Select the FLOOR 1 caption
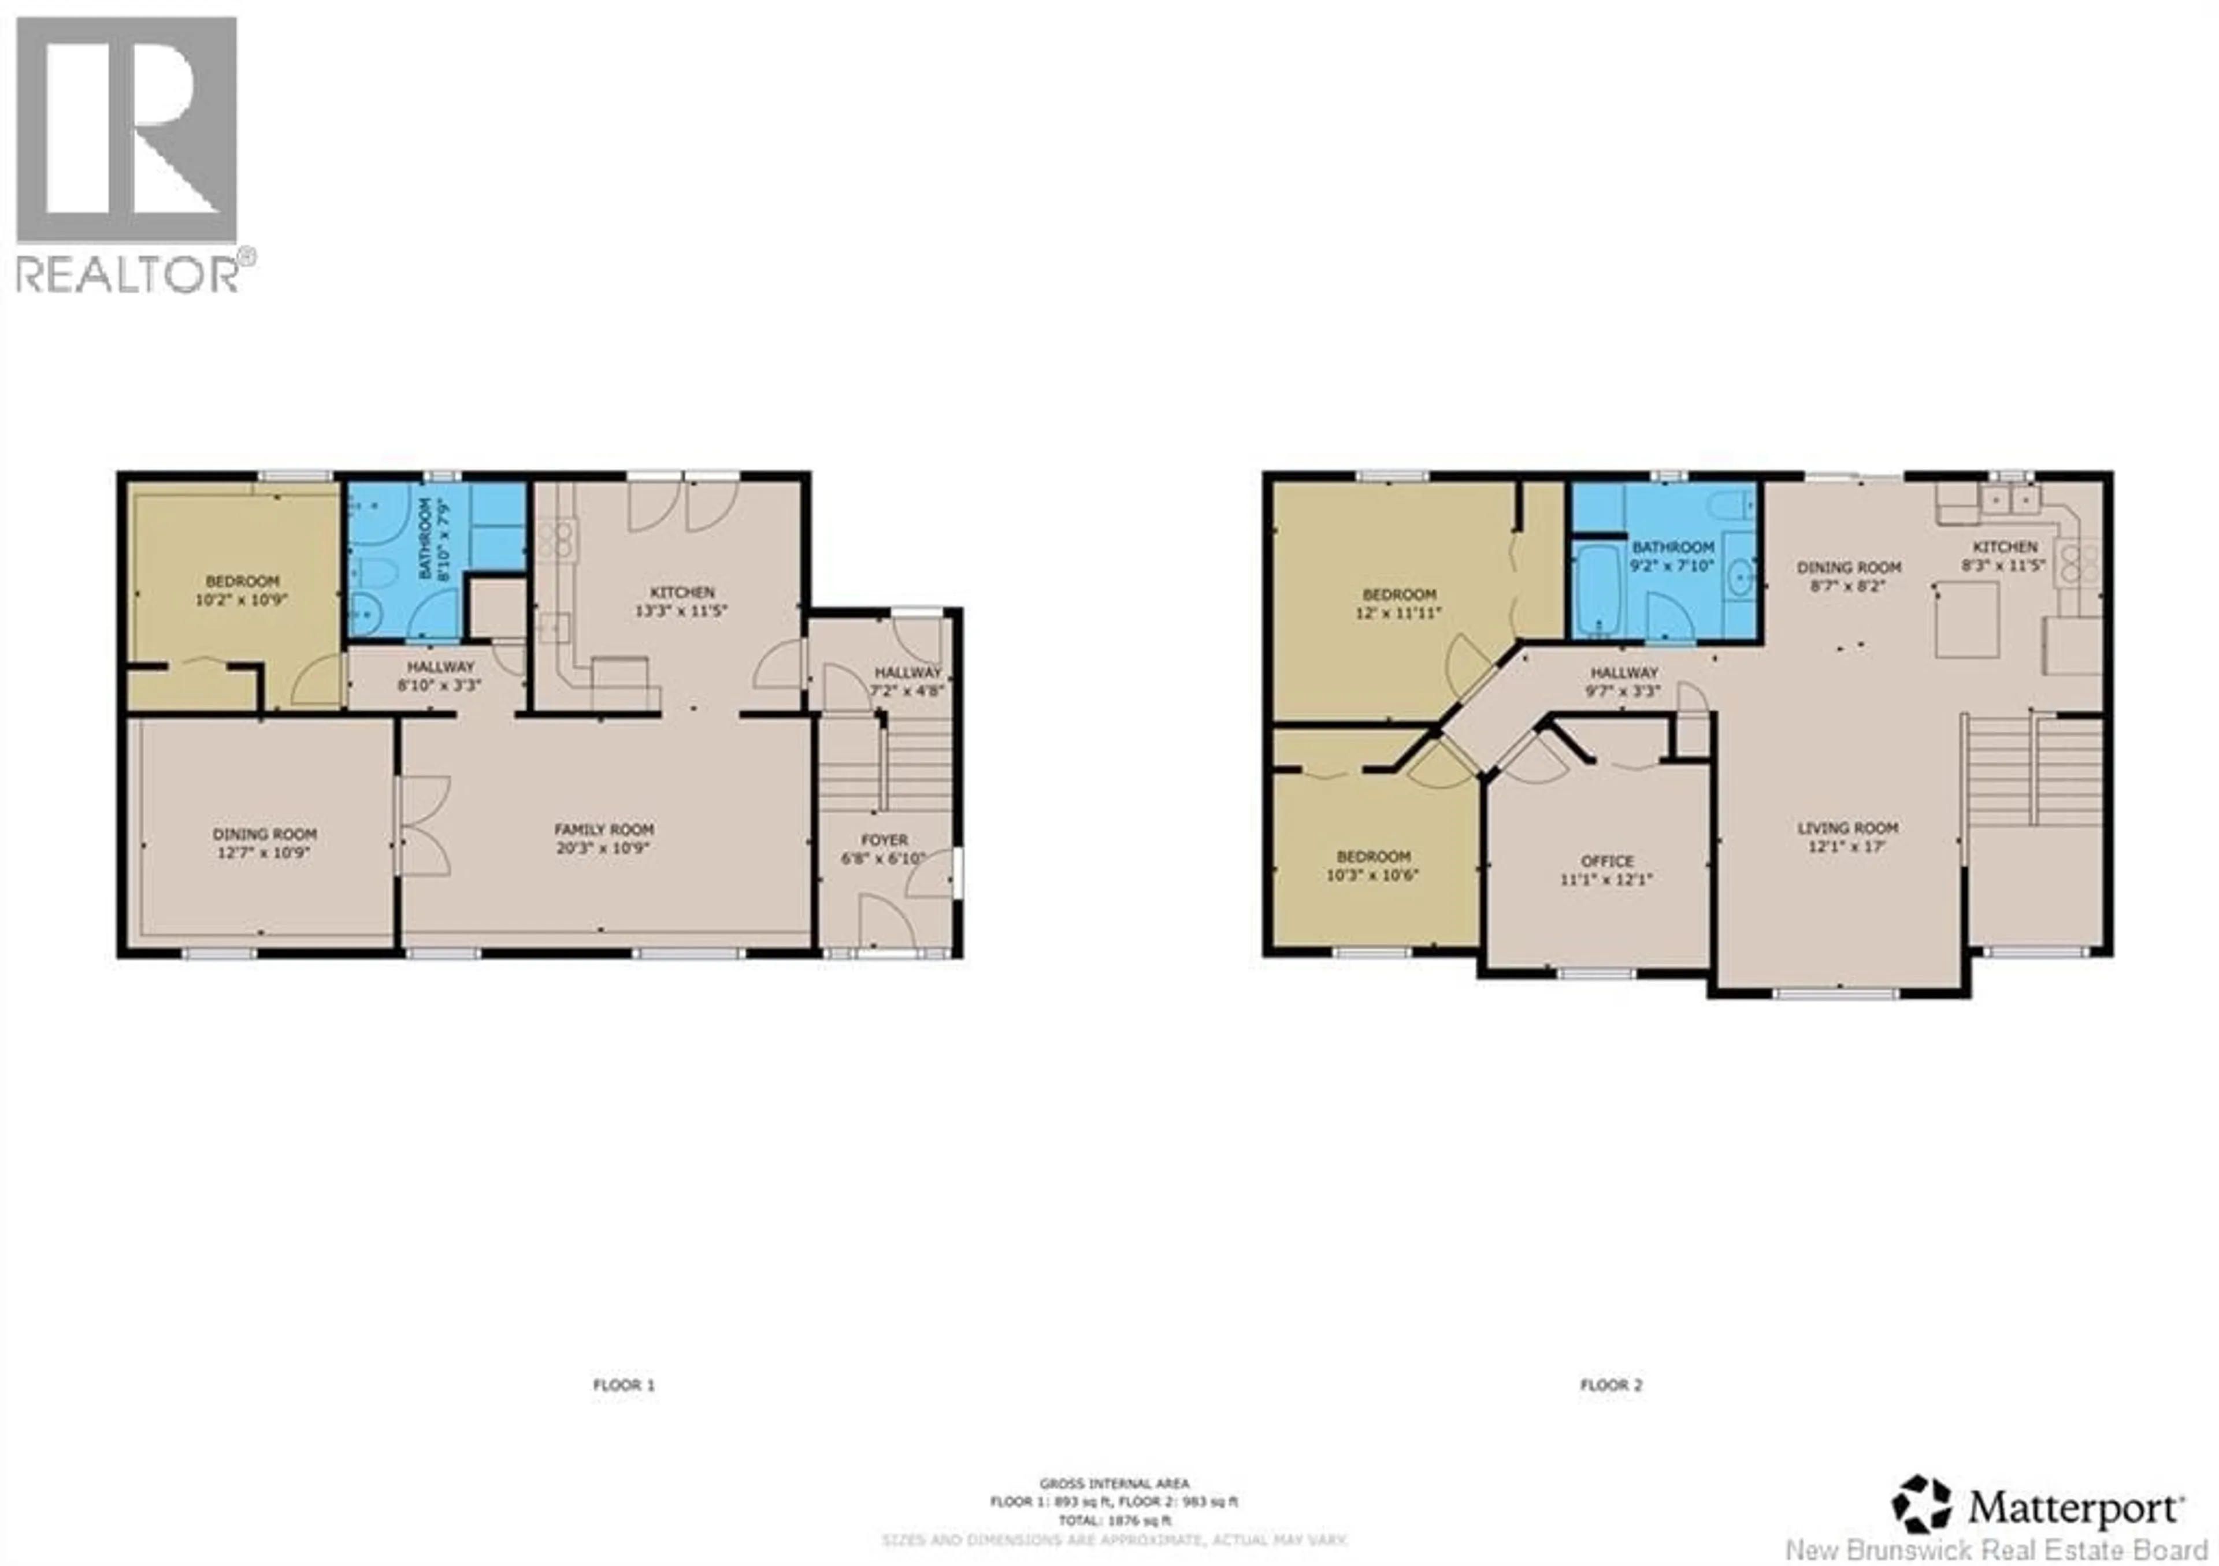[624, 1385]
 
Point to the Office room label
[1607, 861]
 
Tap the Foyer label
[884, 840]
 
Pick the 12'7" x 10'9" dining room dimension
[264, 853]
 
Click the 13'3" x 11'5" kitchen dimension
[681, 611]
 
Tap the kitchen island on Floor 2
[1966, 619]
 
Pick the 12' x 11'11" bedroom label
[1400, 603]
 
